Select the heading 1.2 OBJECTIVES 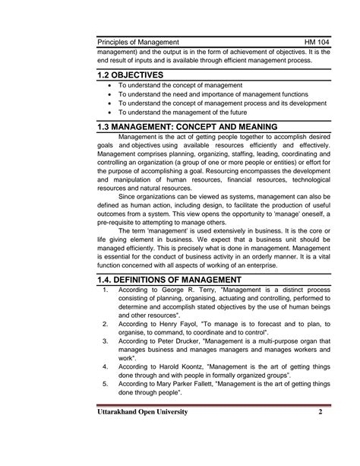click(x=131, y=74)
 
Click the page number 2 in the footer click(x=321, y=412)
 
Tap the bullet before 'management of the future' click(x=112, y=112)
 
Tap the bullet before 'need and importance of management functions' click(x=112, y=94)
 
